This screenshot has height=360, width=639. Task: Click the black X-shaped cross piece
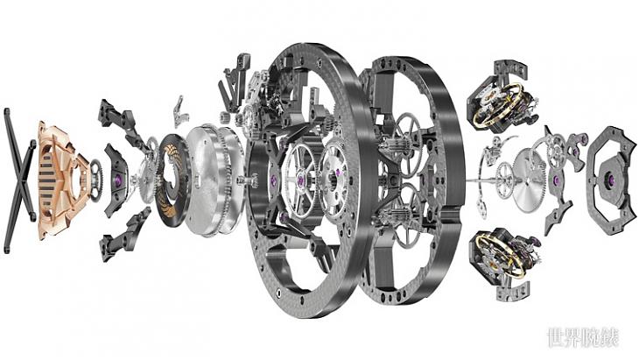pyautogui.click(x=19, y=180)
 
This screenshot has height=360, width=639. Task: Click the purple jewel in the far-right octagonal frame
pyautogui.click(x=611, y=178)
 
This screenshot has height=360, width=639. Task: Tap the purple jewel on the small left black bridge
pyautogui.click(x=118, y=180)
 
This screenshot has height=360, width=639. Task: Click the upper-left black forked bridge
pyautogui.click(x=123, y=123)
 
